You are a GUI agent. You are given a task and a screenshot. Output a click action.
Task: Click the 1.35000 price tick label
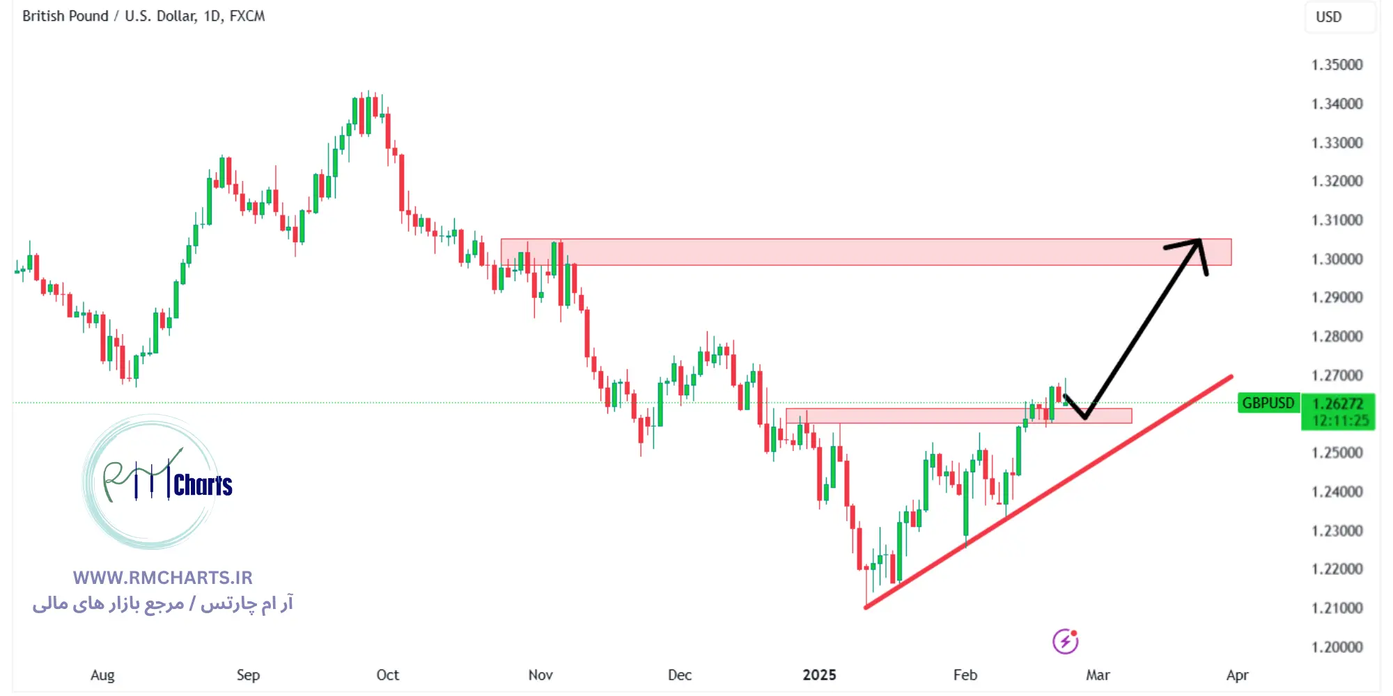(1337, 65)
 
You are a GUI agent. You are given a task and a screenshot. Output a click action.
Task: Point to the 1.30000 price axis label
(1337, 259)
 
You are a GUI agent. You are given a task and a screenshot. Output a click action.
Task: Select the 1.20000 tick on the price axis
(1337, 647)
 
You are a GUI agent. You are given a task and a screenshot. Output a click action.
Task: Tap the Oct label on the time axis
(387, 674)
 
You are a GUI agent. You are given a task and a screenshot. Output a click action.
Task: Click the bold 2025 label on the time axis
(819, 674)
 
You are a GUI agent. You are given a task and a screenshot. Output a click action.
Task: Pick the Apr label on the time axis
(1237, 674)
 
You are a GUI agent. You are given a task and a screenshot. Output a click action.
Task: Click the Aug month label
(102, 674)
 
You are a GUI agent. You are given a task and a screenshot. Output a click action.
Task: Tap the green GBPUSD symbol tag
(1268, 403)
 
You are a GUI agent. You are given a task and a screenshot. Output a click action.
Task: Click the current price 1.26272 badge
(1337, 404)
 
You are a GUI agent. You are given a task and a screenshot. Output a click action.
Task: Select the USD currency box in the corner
(1329, 17)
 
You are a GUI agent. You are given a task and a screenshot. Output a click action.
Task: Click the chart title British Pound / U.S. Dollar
(143, 16)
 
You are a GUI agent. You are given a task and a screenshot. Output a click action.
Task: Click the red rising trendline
(1045, 494)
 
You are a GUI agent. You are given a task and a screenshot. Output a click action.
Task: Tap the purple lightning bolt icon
(1065, 641)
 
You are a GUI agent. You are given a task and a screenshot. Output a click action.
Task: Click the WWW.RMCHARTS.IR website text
(162, 578)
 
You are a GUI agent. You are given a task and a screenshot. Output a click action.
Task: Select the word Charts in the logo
(203, 485)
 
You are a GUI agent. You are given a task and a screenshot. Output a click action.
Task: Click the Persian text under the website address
(163, 603)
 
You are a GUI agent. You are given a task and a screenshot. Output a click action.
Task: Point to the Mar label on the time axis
(1098, 674)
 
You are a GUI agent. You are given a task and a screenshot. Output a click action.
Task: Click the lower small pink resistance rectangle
(905, 416)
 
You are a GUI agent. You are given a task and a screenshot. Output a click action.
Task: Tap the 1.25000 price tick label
(1337, 452)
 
